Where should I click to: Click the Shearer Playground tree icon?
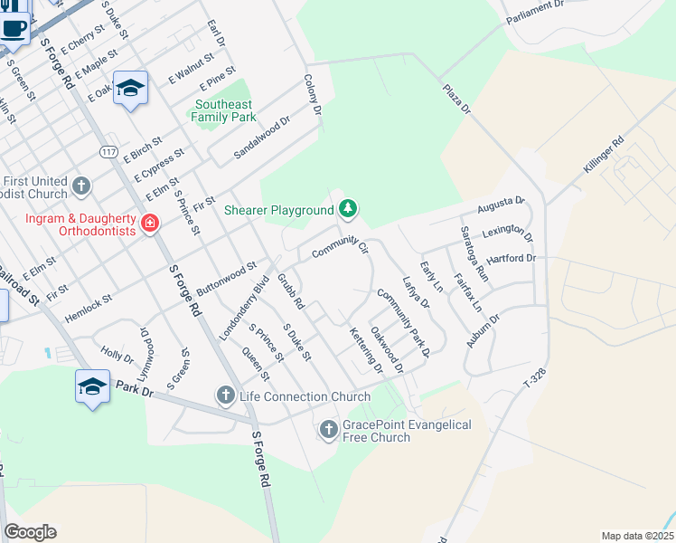coord(348,210)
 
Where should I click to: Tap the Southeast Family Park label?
coord(223,110)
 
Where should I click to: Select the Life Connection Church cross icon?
coord(225,395)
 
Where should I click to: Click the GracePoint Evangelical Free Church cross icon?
coord(329,429)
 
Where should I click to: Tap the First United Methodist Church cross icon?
coord(81,186)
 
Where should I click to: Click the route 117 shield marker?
coord(108,149)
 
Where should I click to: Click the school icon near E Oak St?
coord(131,88)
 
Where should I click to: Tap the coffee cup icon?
coord(15,27)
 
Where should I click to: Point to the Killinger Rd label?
coord(604,155)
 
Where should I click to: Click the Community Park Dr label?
coord(403,320)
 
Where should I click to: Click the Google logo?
coord(30,532)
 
